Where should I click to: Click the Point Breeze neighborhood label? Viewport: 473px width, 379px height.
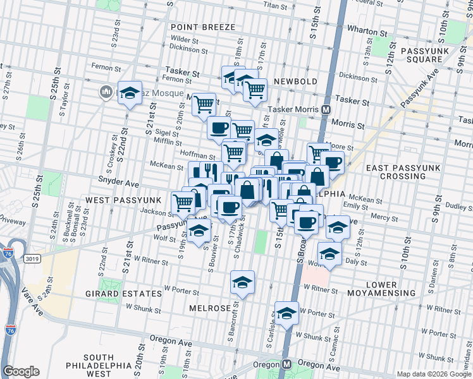(202, 27)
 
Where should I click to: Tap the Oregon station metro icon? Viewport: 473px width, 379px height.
(286, 364)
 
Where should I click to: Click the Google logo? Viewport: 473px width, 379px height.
(21, 371)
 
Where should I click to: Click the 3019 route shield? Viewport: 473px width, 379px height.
(31, 258)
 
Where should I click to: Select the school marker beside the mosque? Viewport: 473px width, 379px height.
(130, 93)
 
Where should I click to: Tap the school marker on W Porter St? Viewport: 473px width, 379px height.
(286, 314)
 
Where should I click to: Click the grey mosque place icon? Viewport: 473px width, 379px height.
(106, 93)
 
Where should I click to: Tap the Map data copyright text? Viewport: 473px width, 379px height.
(434, 373)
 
